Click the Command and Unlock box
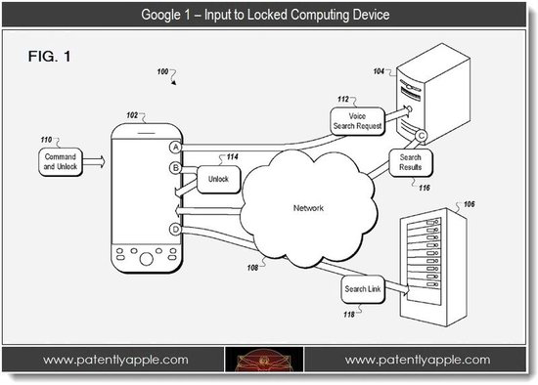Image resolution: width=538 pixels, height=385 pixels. click(x=61, y=162)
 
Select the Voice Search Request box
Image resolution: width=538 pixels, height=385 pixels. click(x=357, y=121)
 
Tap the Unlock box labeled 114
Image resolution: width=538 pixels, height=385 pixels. click(x=218, y=179)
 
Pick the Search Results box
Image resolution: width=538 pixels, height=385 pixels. click(x=411, y=162)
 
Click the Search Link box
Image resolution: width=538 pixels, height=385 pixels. click(x=363, y=289)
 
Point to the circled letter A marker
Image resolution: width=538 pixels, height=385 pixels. click(x=176, y=148)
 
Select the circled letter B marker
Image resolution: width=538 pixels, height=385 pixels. click(x=175, y=168)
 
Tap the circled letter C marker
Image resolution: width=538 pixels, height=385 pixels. click(x=421, y=136)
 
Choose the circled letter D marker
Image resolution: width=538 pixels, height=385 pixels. click(x=175, y=230)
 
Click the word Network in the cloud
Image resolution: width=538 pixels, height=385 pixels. click(x=308, y=208)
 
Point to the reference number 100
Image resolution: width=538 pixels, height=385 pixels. click(x=162, y=71)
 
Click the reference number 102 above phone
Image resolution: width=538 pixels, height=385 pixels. click(x=132, y=115)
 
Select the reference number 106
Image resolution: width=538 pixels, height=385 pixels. click(x=469, y=204)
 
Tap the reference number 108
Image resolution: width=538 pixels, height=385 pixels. click(x=252, y=268)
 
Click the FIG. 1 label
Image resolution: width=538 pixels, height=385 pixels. click(x=50, y=57)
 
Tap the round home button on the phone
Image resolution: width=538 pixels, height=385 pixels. click(x=147, y=259)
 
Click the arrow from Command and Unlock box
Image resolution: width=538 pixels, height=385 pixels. click(x=94, y=161)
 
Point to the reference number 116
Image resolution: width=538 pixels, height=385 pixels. click(x=425, y=188)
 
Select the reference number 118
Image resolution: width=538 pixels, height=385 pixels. click(x=349, y=315)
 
